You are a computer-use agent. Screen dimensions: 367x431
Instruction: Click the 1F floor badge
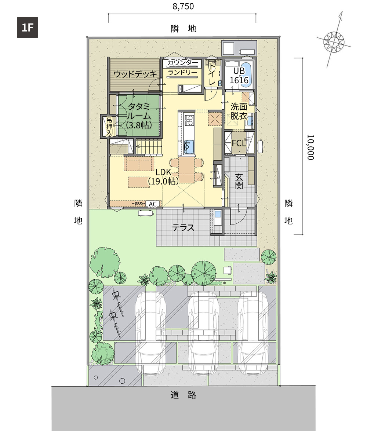point(27,28)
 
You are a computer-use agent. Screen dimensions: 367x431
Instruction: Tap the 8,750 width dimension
point(183,6)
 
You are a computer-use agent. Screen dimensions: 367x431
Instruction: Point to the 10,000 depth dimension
point(310,147)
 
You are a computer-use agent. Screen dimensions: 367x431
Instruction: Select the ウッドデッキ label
point(135,74)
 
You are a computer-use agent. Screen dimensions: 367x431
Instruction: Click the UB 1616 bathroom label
point(239,75)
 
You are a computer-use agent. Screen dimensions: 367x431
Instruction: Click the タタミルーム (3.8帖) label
point(139,116)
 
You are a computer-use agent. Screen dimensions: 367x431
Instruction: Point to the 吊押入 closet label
point(109,127)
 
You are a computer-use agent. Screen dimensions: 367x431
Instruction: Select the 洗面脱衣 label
point(239,111)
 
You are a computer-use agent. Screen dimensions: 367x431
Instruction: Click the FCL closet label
point(239,143)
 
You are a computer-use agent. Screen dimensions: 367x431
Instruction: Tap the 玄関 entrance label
point(239,181)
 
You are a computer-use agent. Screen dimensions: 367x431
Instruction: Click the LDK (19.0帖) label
point(163,177)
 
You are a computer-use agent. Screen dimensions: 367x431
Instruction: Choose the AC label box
point(153,204)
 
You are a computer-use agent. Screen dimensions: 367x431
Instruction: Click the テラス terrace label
point(183,227)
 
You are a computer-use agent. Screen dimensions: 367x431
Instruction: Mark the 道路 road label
point(183,395)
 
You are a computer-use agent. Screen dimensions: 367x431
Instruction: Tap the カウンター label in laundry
point(183,63)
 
